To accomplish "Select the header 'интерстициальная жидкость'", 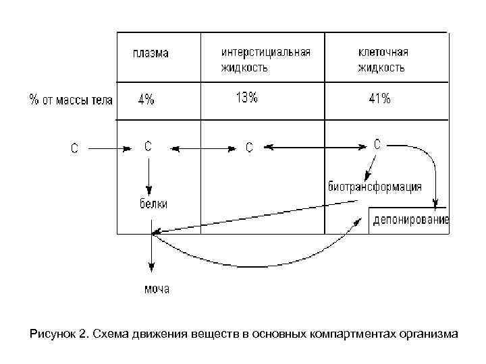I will (x=266, y=60).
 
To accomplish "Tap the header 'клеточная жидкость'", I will (x=382, y=60).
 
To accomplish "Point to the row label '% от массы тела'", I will (x=71, y=100).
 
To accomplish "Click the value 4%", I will (x=146, y=100).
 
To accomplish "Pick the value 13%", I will (x=246, y=98).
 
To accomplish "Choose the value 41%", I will (x=379, y=99).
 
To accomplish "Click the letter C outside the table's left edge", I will (x=75, y=148).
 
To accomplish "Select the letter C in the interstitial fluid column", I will (x=248, y=147).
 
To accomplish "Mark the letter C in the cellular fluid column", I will (x=377, y=144).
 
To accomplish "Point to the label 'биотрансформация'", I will (x=375, y=187).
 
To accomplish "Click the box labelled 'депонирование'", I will (x=409, y=220).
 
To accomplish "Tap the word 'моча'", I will (x=157, y=289).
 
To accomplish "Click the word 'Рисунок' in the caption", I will (x=51, y=333).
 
